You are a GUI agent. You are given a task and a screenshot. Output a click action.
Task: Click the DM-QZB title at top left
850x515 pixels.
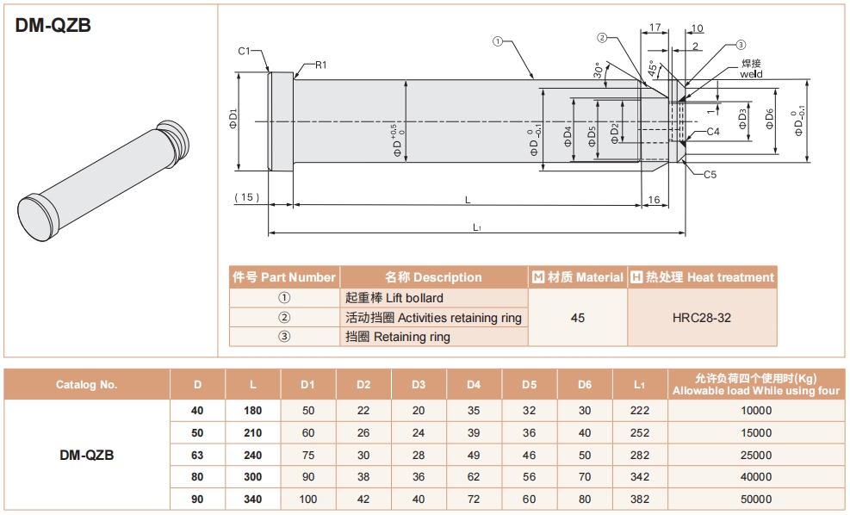[x=53, y=26]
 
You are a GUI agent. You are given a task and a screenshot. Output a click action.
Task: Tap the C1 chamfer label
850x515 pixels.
[x=244, y=52]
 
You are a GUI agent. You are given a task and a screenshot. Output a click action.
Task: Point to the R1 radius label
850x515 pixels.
[x=320, y=65]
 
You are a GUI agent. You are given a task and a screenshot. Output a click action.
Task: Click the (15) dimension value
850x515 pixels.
[x=246, y=197]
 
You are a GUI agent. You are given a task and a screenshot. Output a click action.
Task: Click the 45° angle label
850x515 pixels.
[x=654, y=67]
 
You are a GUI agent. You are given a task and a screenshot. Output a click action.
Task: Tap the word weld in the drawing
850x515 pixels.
[x=751, y=74]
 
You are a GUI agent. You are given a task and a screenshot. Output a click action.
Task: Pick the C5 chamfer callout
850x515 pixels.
[x=710, y=175]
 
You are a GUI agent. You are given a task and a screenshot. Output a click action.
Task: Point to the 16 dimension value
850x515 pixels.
[x=654, y=200]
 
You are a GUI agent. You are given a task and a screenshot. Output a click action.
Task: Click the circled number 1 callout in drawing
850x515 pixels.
[x=498, y=40]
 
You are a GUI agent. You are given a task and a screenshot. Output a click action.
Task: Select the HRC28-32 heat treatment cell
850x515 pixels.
[x=701, y=318]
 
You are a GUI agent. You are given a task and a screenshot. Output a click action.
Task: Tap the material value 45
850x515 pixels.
[x=577, y=318]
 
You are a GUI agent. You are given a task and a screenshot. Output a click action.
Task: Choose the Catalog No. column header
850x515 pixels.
[x=86, y=385]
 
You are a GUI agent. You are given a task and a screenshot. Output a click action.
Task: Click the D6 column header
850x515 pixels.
[x=585, y=385]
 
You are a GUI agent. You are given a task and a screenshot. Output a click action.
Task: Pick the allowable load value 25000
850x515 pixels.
[x=756, y=455]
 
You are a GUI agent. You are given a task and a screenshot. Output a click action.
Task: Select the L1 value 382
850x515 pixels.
[x=640, y=499]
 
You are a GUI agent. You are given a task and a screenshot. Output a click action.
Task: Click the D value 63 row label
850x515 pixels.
[x=198, y=455]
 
